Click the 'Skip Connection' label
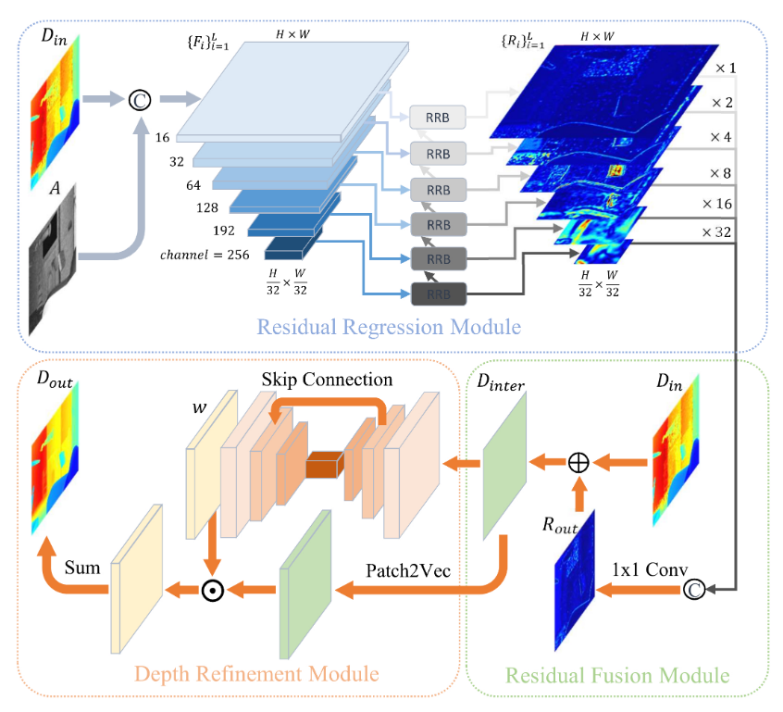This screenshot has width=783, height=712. (327, 381)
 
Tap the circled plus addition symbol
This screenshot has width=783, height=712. (578, 460)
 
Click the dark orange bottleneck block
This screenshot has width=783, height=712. (325, 465)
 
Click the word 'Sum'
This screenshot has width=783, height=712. (82, 566)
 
